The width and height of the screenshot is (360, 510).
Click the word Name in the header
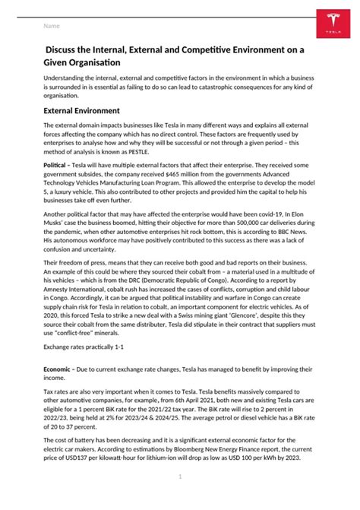pos(52,27)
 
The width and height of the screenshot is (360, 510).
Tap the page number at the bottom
pos(180,477)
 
